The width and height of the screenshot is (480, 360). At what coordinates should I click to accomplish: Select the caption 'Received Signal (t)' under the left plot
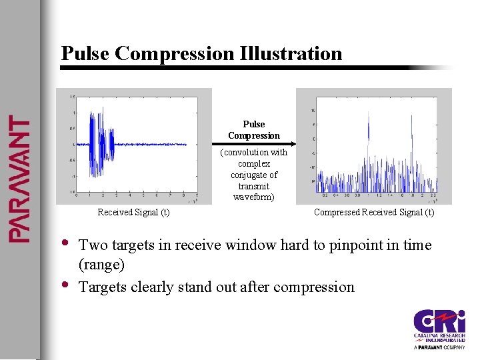(x=133, y=213)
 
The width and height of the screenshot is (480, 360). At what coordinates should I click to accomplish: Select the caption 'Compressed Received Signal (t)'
(x=374, y=213)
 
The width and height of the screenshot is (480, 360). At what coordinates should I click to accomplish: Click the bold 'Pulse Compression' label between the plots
(x=254, y=130)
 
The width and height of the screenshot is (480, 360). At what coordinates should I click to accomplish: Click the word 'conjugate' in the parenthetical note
(x=254, y=175)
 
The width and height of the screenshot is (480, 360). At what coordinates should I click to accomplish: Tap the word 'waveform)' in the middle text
(x=254, y=197)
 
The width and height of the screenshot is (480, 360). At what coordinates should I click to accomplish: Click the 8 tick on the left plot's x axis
(x=184, y=195)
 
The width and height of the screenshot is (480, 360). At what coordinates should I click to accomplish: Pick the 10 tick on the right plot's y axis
(x=313, y=111)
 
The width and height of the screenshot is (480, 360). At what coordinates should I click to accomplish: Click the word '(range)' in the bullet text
(x=101, y=265)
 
